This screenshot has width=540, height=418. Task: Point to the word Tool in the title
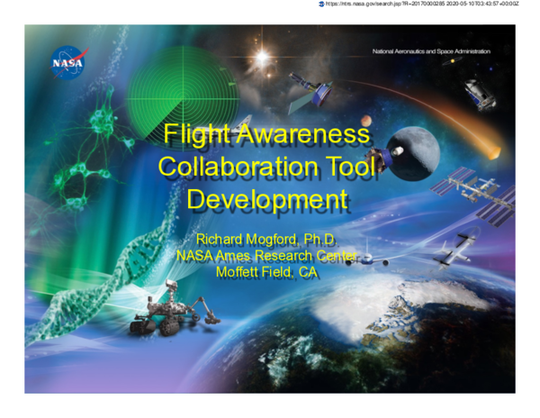coord(346,167)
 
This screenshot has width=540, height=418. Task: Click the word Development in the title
coord(266,198)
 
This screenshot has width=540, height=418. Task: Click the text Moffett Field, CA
coord(266,272)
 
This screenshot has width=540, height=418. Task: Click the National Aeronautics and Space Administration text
coord(432,51)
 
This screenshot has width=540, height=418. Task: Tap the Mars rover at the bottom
coord(171,311)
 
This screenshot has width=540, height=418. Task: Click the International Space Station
coord(472,191)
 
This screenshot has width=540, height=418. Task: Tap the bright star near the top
coord(263,59)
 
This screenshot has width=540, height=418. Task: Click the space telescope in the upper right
coord(479,93)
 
